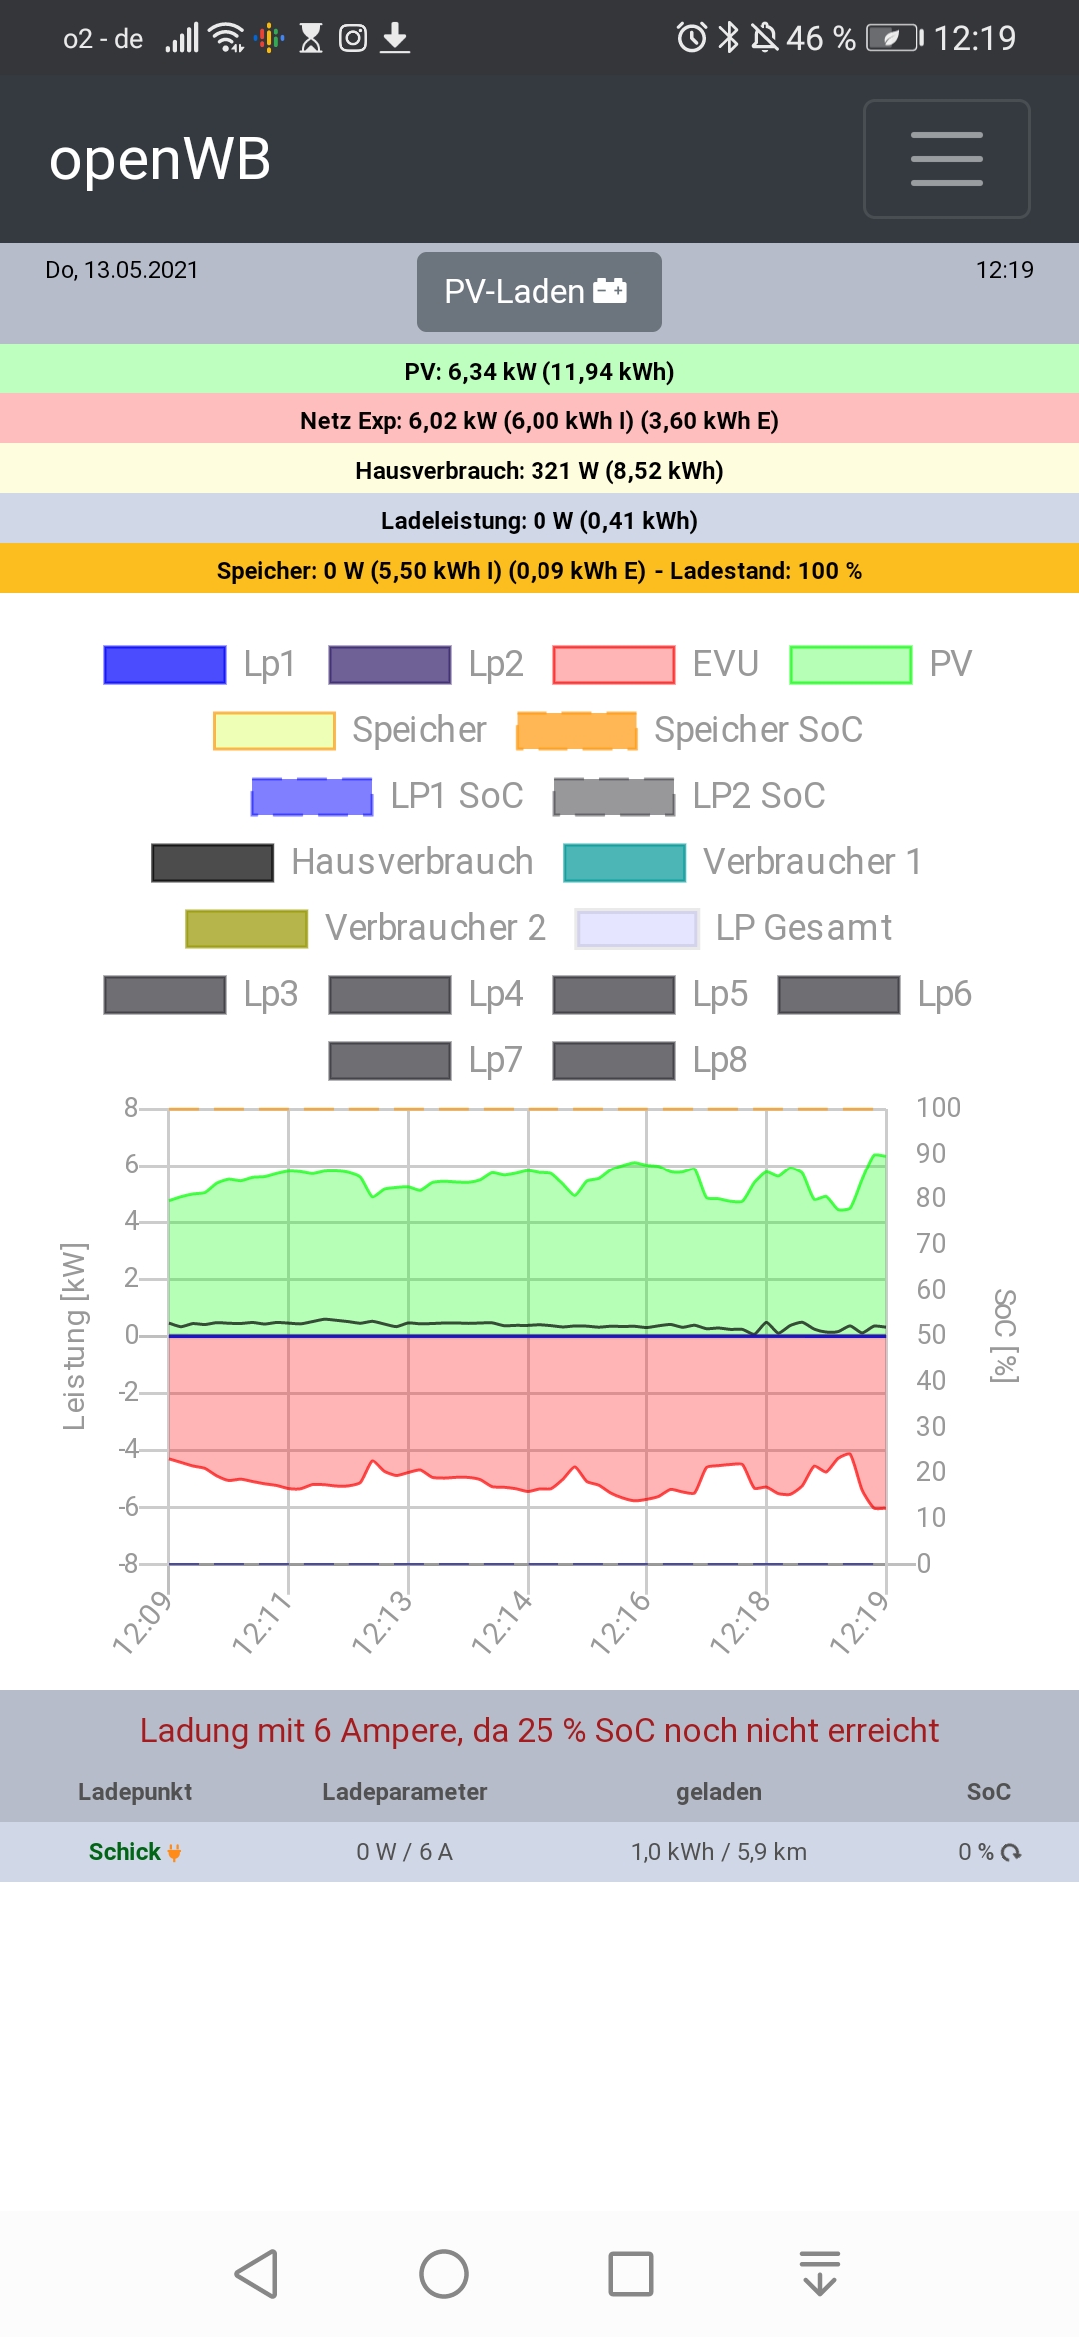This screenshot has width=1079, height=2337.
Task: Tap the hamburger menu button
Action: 946,159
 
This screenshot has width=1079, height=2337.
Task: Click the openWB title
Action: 160,160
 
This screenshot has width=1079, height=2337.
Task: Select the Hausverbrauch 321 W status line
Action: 539,470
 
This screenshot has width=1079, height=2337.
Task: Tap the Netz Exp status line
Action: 539,420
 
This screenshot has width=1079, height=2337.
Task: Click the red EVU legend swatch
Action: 614,665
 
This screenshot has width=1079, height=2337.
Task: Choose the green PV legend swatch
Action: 850,665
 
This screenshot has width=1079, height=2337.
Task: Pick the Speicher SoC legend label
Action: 758,730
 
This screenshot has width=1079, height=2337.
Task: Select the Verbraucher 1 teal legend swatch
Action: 624,863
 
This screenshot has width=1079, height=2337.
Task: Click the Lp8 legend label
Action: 719,1060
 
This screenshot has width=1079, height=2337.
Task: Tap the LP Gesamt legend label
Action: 803,928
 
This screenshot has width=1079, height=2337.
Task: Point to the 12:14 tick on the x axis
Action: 503,1621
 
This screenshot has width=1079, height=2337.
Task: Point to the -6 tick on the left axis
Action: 129,1506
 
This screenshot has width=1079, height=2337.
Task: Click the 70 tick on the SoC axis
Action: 931,1244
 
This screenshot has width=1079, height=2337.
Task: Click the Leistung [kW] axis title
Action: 74,1336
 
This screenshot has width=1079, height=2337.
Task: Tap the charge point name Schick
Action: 125,1852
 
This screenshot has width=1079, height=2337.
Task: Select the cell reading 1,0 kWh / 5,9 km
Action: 718,1852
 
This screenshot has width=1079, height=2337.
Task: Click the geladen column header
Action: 718,1792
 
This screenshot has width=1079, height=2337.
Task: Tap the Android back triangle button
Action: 256,2274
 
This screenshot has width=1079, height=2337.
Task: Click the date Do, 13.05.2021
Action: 122,270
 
